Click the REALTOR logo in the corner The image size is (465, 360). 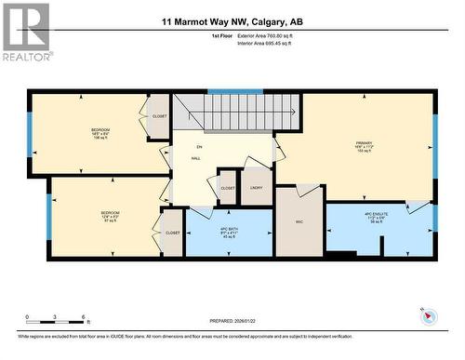click(25, 33)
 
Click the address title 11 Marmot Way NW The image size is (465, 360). click(232, 21)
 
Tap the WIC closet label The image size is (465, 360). click(300, 222)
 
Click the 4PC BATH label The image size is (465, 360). click(228, 230)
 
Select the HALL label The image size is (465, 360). click(197, 159)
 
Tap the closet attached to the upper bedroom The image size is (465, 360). click(159, 117)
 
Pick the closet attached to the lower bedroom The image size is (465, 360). click(172, 233)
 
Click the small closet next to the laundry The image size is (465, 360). click(228, 187)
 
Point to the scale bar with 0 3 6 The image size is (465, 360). click(55, 316)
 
